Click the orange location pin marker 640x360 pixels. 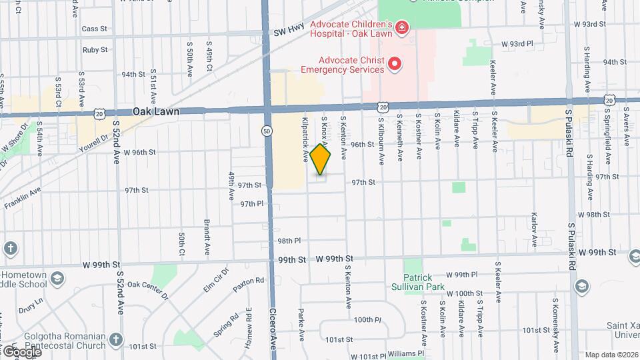[321, 159]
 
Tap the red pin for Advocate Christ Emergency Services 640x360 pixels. [395, 64]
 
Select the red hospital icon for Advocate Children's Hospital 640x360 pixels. [402, 27]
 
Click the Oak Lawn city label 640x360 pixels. [155, 112]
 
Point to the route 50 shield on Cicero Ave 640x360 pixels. [267, 131]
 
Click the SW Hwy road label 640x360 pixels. [289, 30]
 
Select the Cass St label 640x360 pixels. [94, 29]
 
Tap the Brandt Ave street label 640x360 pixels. [207, 231]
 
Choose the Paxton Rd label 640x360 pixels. [248, 285]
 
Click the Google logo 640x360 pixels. [21, 351]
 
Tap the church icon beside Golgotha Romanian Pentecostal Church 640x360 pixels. [117, 338]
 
